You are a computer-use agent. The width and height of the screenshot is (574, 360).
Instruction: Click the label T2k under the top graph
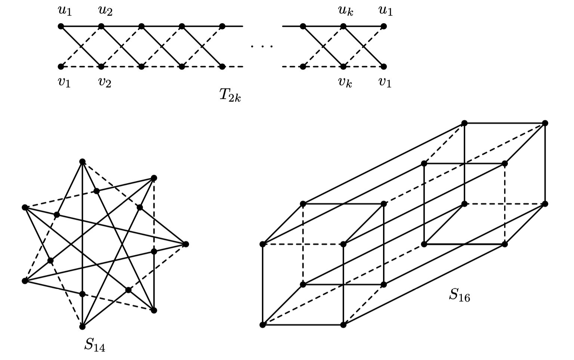230,96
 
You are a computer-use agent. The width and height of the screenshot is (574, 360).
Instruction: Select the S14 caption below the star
95,345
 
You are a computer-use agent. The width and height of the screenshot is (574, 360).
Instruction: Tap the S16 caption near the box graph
459,295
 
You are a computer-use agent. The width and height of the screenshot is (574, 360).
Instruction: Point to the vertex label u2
105,11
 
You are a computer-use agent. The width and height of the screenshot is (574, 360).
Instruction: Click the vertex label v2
105,82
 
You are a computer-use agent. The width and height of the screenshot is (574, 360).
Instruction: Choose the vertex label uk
346,10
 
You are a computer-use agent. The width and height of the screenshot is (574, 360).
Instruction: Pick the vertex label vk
345,82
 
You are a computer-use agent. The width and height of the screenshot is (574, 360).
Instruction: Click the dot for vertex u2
101,26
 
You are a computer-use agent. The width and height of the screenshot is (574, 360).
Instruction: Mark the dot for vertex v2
101,67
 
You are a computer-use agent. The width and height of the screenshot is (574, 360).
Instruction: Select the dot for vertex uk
343,26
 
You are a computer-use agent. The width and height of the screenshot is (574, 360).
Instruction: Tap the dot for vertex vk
343,67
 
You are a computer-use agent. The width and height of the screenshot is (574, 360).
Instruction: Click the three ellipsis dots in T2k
262,46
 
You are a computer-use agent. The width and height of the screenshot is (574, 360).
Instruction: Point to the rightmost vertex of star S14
186,244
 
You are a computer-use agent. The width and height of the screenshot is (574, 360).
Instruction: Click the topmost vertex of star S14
82,162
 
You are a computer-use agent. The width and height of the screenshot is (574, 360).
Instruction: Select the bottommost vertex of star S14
82,327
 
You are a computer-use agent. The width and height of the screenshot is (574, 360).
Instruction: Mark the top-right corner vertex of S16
545,123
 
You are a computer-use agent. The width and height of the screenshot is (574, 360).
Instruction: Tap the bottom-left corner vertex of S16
263,325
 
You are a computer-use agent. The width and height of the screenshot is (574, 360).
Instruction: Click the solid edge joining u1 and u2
81,26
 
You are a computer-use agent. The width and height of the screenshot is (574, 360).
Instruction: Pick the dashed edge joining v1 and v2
81,67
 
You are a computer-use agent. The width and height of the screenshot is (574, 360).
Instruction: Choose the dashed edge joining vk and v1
364,67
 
